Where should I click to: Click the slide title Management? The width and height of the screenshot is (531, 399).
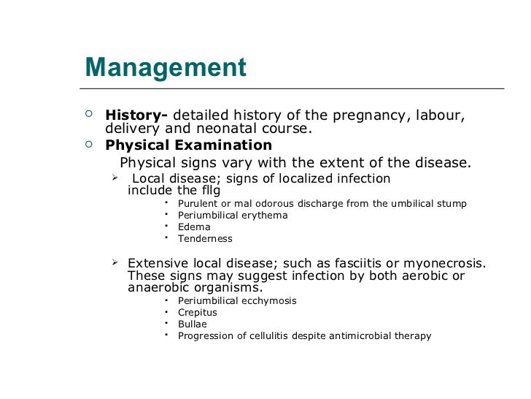pyautogui.click(x=166, y=68)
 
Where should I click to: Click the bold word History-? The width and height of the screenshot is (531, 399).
pyautogui.click(x=136, y=115)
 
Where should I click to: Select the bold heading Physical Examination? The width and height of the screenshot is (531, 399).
pyautogui.click(x=189, y=145)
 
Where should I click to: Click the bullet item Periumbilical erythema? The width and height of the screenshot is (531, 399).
pyautogui.click(x=233, y=215)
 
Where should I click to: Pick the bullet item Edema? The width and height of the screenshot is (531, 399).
pyautogui.click(x=194, y=227)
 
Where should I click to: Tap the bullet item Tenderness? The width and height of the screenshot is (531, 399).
pyautogui.click(x=205, y=238)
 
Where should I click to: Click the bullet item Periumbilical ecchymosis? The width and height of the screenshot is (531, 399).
pyautogui.click(x=237, y=300)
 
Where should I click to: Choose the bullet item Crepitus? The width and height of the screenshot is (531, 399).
pyautogui.click(x=198, y=312)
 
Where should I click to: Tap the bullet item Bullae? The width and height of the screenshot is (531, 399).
pyautogui.click(x=193, y=324)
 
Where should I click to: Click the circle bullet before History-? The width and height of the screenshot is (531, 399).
pyautogui.click(x=89, y=114)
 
